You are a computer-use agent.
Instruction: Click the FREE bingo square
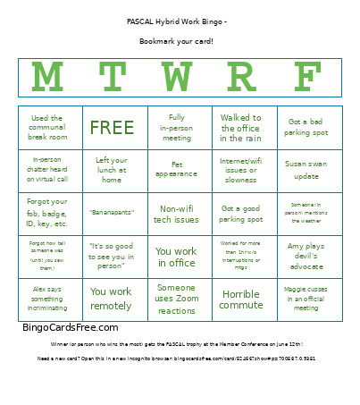112,128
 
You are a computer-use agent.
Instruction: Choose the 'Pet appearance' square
177,170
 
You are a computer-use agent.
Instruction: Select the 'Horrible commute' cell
240,300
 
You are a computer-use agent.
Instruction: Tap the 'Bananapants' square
112,213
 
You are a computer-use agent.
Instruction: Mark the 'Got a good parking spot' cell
240,213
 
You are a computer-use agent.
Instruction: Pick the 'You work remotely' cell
112,298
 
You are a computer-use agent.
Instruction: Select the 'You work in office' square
177,257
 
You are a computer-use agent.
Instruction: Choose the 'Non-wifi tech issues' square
177,213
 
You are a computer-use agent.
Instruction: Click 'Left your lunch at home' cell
112,170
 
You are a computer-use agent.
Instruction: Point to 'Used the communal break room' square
46,128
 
